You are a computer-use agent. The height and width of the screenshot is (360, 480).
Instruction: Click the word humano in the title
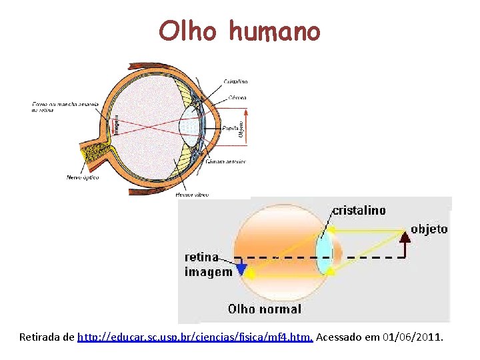tap(274, 31)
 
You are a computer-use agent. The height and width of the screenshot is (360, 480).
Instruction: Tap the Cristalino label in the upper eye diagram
tap(234, 81)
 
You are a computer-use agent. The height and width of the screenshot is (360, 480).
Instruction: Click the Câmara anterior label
tap(225, 161)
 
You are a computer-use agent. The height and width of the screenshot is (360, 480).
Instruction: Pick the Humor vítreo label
tap(191, 195)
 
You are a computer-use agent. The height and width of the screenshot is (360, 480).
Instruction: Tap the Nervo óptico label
tap(83, 177)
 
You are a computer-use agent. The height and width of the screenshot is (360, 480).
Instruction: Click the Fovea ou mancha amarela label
tap(65, 107)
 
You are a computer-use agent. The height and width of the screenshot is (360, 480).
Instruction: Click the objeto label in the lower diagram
tap(429, 229)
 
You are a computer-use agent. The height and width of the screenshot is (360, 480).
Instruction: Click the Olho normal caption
tap(265, 309)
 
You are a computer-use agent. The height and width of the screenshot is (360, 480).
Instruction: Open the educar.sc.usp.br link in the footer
tap(195, 337)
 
